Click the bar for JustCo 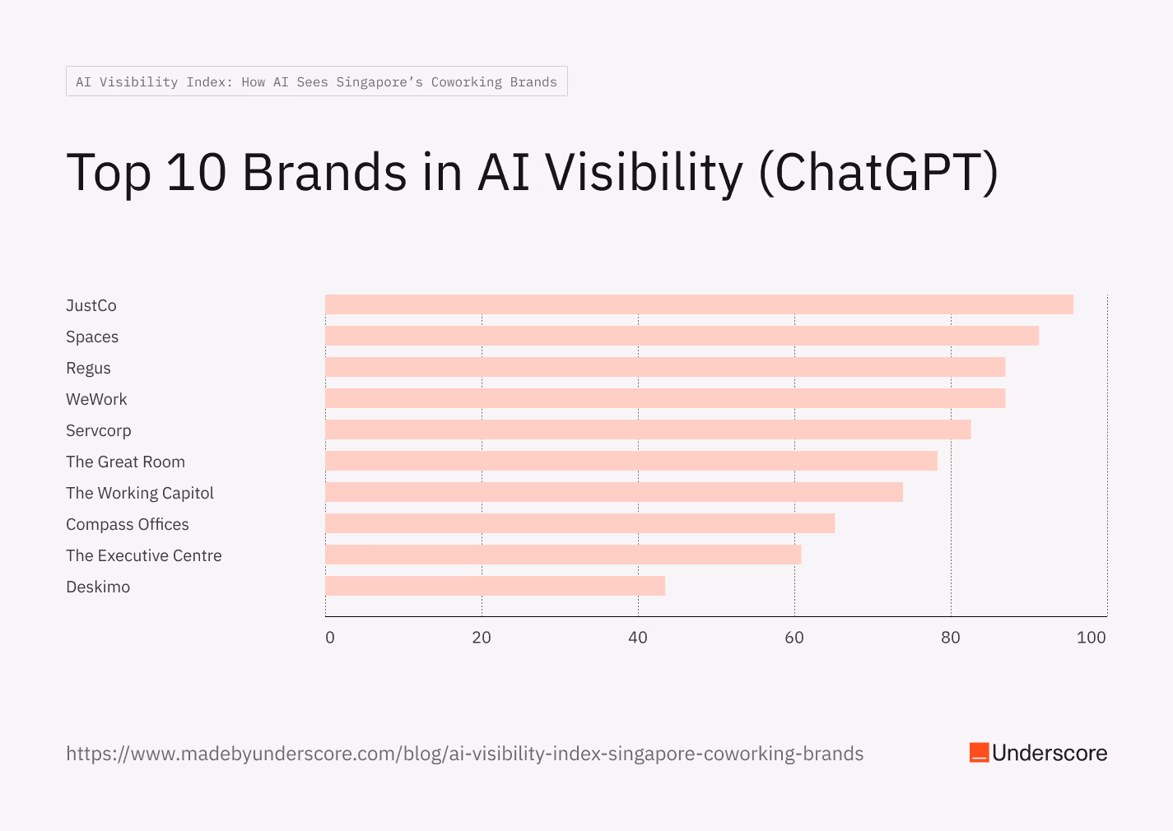point(699,304)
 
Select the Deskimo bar point(495,586)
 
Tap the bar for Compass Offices point(580,523)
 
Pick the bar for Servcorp point(648,429)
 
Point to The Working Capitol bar point(614,492)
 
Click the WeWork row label point(96,399)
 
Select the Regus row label point(88,368)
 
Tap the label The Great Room point(125,462)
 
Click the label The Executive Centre point(143,555)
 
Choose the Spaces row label point(92,337)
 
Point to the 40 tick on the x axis point(638,637)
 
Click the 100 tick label point(1092,637)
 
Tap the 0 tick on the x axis point(330,637)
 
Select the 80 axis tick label point(951,637)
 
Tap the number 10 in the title point(196,173)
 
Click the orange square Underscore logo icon point(979,753)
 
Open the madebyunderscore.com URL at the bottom point(464,754)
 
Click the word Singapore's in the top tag point(379,81)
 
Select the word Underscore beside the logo point(1050,753)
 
